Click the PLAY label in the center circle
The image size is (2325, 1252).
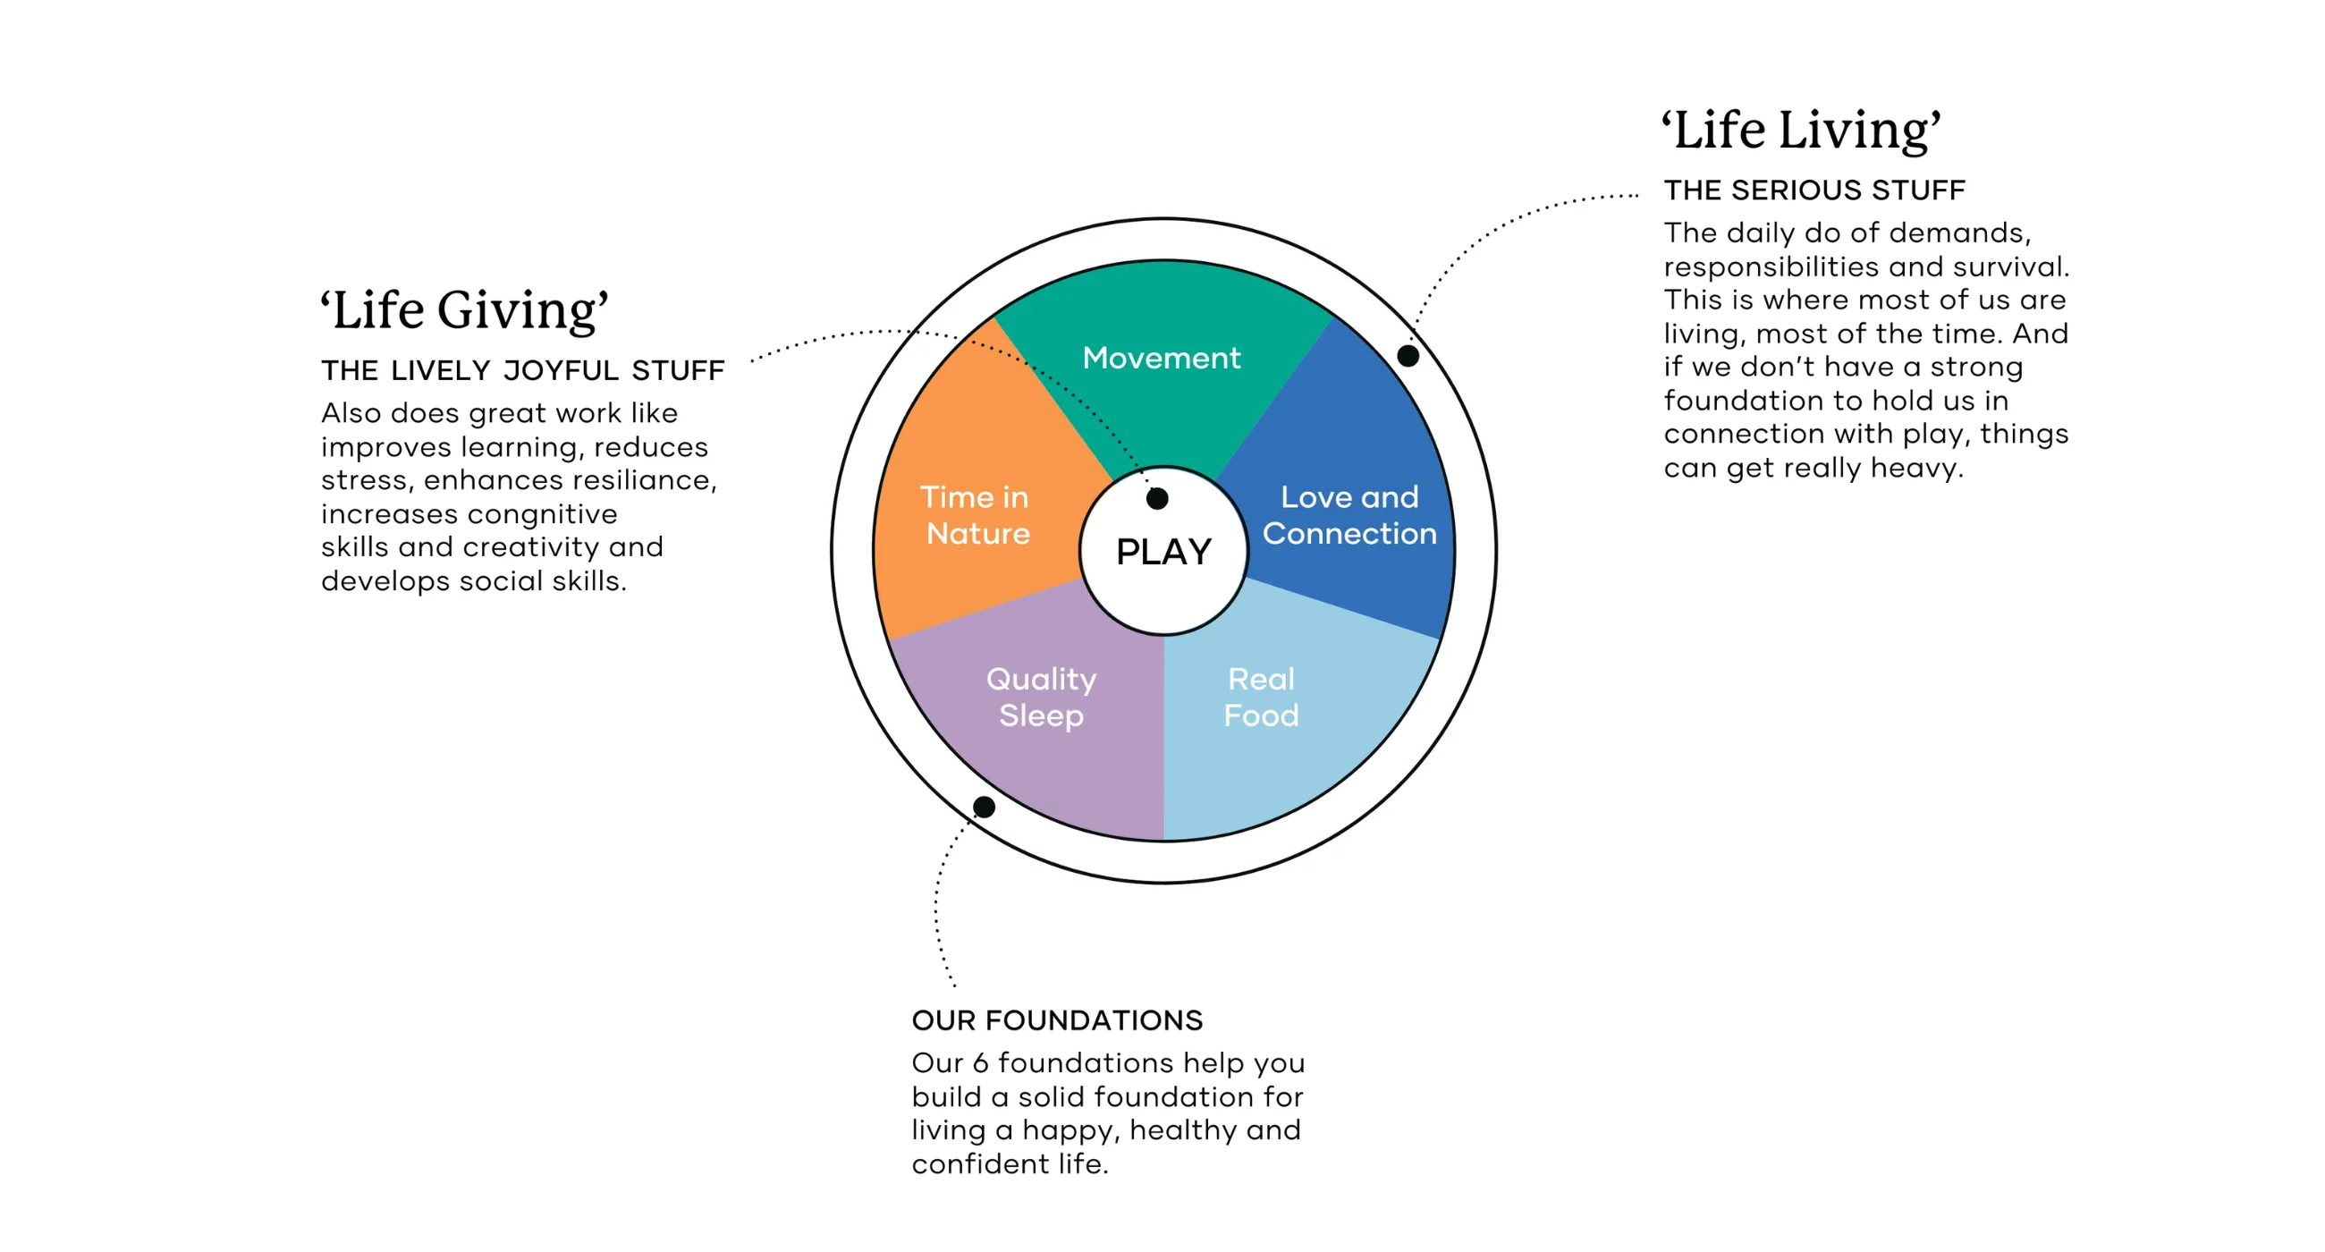coord(1163,552)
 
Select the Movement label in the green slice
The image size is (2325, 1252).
coord(1162,359)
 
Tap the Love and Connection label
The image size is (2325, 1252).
coord(1349,515)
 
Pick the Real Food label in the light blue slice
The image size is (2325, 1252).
coord(1261,697)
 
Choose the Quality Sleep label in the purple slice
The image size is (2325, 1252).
coord(1041,697)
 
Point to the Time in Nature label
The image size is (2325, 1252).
coord(976,515)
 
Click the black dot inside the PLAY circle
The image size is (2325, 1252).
coord(1157,498)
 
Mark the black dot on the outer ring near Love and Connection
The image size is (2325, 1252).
coord(1408,356)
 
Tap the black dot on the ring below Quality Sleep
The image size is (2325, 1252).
coord(984,807)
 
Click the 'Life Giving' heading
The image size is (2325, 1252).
coord(465,310)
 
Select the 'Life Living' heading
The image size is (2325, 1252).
coord(1801,130)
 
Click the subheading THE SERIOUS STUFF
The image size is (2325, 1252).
coord(1814,190)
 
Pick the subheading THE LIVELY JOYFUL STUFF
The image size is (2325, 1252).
coord(522,371)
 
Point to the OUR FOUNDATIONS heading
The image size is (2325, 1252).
coord(1057,1021)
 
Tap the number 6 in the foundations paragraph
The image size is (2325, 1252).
coord(979,1063)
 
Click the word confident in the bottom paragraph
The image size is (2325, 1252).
coord(980,1164)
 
